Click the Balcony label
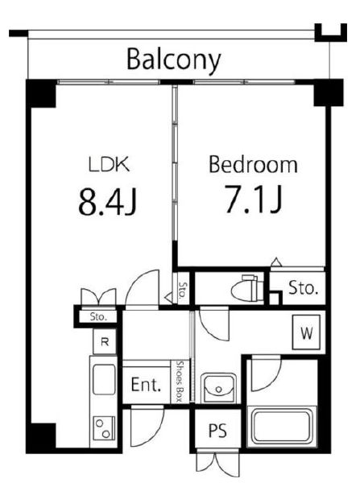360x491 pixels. [x=174, y=60]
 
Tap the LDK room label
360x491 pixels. [x=109, y=164]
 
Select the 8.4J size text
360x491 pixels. [x=107, y=201]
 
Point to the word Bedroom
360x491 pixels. [x=253, y=164]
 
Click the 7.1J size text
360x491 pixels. [x=254, y=199]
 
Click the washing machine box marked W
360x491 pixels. [x=306, y=332]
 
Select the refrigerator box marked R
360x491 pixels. [x=105, y=341]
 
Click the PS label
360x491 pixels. [x=217, y=431]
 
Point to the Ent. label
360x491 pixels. [x=146, y=385]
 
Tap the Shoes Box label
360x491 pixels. [x=180, y=381]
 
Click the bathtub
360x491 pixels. [x=282, y=426]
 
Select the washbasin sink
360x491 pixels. [x=218, y=387]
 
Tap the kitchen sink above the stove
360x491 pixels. [x=104, y=380]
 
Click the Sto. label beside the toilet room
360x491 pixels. [x=303, y=288]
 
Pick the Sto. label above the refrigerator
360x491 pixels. [x=98, y=316]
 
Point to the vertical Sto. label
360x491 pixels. [x=183, y=290]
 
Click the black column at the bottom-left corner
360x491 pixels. [x=41, y=436]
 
